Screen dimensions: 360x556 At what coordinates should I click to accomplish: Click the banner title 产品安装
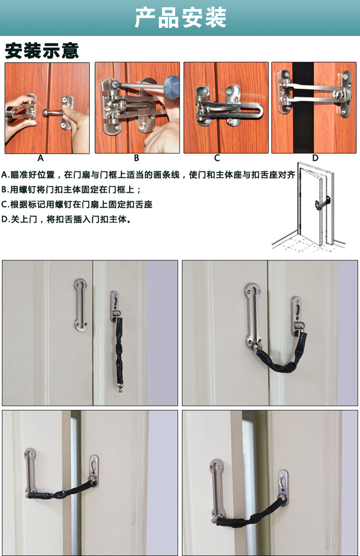[x=180, y=17]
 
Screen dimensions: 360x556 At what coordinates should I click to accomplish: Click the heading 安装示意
[x=42, y=51]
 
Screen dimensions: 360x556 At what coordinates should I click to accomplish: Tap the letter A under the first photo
[x=40, y=158]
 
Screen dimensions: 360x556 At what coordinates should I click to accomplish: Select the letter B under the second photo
[x=136, y=158]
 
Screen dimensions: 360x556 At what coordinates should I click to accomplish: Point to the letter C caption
[x=217, y=158]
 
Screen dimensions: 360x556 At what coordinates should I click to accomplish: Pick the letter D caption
[x=315, y=158]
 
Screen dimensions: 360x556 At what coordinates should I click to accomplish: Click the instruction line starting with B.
[x=71, y=190]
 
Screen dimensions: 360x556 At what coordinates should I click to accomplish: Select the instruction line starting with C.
[x=77, y=205]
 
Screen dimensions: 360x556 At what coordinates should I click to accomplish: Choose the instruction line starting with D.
[x=66, y=219]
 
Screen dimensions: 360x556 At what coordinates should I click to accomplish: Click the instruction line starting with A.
[x=148, y=175]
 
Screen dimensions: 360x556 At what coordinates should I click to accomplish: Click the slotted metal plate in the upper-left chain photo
[x=81, y=305]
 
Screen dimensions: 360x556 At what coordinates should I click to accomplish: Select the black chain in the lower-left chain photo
[x=60, y=491]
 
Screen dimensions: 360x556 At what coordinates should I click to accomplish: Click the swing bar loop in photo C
[x=230, y=110]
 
